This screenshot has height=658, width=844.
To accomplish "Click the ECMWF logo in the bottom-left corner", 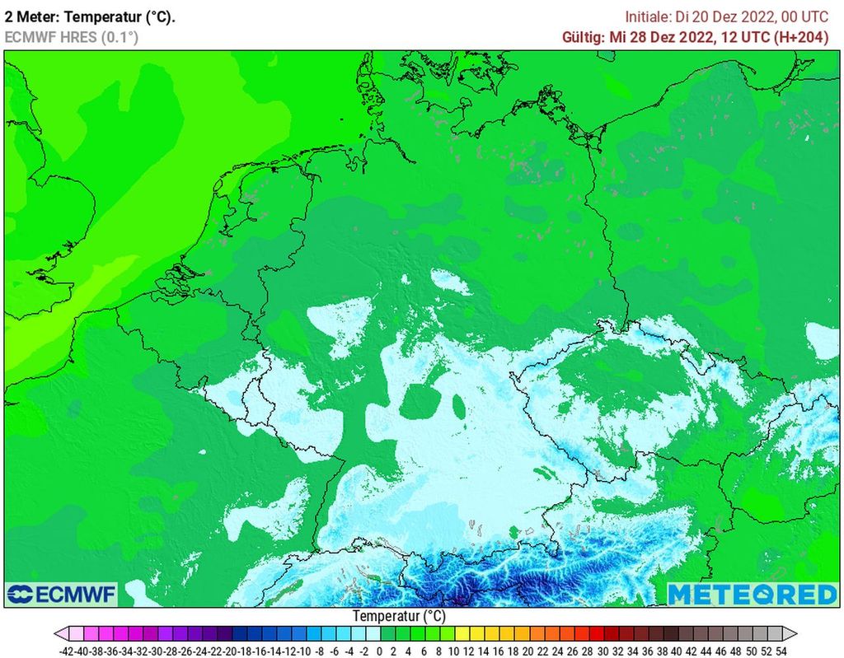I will click(62, 594).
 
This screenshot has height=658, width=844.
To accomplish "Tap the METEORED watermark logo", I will click(752, 594).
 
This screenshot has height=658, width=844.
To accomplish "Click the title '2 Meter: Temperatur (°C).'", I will click(90, 16).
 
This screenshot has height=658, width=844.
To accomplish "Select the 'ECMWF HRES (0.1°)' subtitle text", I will click(71, 37).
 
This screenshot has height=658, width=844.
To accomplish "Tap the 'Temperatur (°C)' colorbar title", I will click(399, 615).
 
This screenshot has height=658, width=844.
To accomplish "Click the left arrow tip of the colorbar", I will click(56, 633).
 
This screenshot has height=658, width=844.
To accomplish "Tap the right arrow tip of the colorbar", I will click(796, 633).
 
